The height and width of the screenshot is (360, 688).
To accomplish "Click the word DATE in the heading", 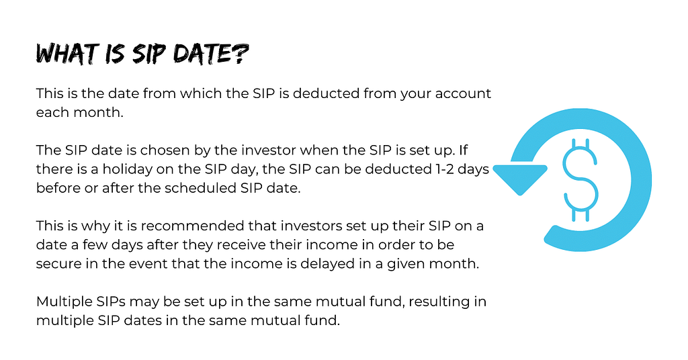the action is coord(202,54).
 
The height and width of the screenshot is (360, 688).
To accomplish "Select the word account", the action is coord(463,93).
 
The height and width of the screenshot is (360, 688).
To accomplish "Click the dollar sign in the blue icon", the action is coord(580,180).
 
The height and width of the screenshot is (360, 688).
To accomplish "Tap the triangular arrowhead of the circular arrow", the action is coord(521,177).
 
